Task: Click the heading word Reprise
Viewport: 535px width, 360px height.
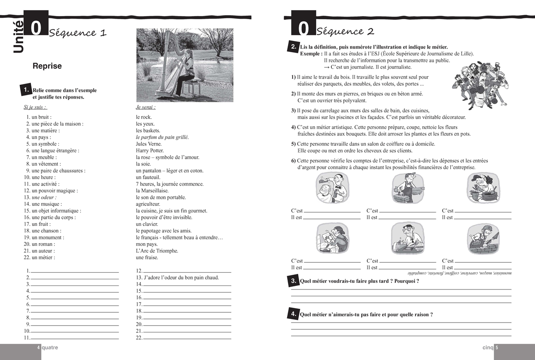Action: pos(47,66)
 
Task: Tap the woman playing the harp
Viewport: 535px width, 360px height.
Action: pos(188,71)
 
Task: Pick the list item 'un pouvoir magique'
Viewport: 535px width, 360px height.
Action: pos(51,190)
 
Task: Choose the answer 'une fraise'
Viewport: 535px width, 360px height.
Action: pos(147,257)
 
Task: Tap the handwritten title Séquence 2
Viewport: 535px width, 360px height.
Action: pos(345,31)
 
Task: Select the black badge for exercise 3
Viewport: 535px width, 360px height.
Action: pos(294,281)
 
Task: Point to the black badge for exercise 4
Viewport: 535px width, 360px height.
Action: pos(294,314)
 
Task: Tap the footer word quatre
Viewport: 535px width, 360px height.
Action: pos(49,348)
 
